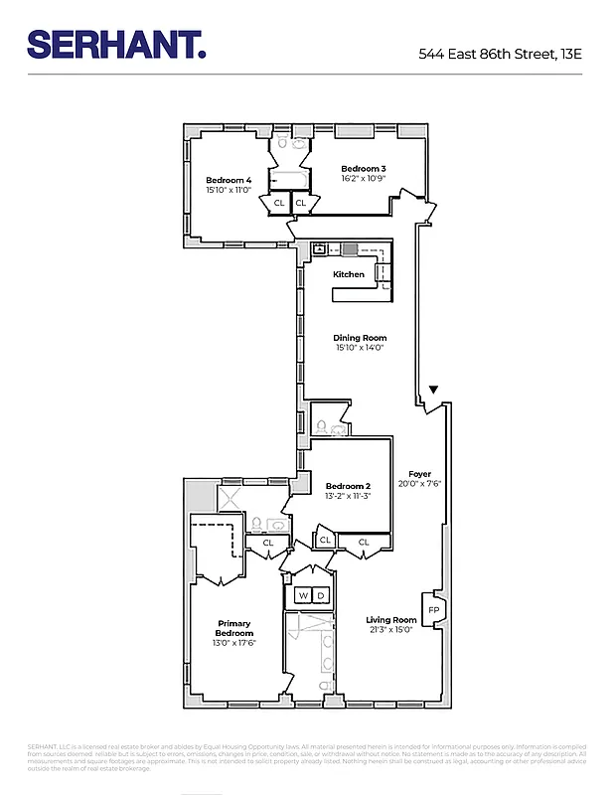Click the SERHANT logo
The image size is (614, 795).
[116, 44]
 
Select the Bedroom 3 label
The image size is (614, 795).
[363, 169]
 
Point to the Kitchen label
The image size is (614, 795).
[348, 274]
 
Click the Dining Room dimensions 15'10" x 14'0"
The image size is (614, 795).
[359, 349]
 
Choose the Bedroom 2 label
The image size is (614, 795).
[348, 486]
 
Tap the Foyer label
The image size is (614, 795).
[419, 474]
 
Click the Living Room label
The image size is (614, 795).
[390, 619]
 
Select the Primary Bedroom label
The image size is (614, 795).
[235, 628]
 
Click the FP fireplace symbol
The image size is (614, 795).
[433, 609]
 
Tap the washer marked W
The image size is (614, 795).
[301, 596]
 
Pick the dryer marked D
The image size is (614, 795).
[321, 596]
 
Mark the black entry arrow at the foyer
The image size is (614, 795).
[433, 391]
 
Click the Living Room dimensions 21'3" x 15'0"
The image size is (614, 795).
[390, 630]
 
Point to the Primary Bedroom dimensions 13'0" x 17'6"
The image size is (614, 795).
[235, 644]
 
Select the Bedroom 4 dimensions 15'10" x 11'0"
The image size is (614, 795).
[229, 190]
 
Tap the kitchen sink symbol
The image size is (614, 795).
[320, 249]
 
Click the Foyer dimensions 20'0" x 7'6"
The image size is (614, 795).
[419, 485]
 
